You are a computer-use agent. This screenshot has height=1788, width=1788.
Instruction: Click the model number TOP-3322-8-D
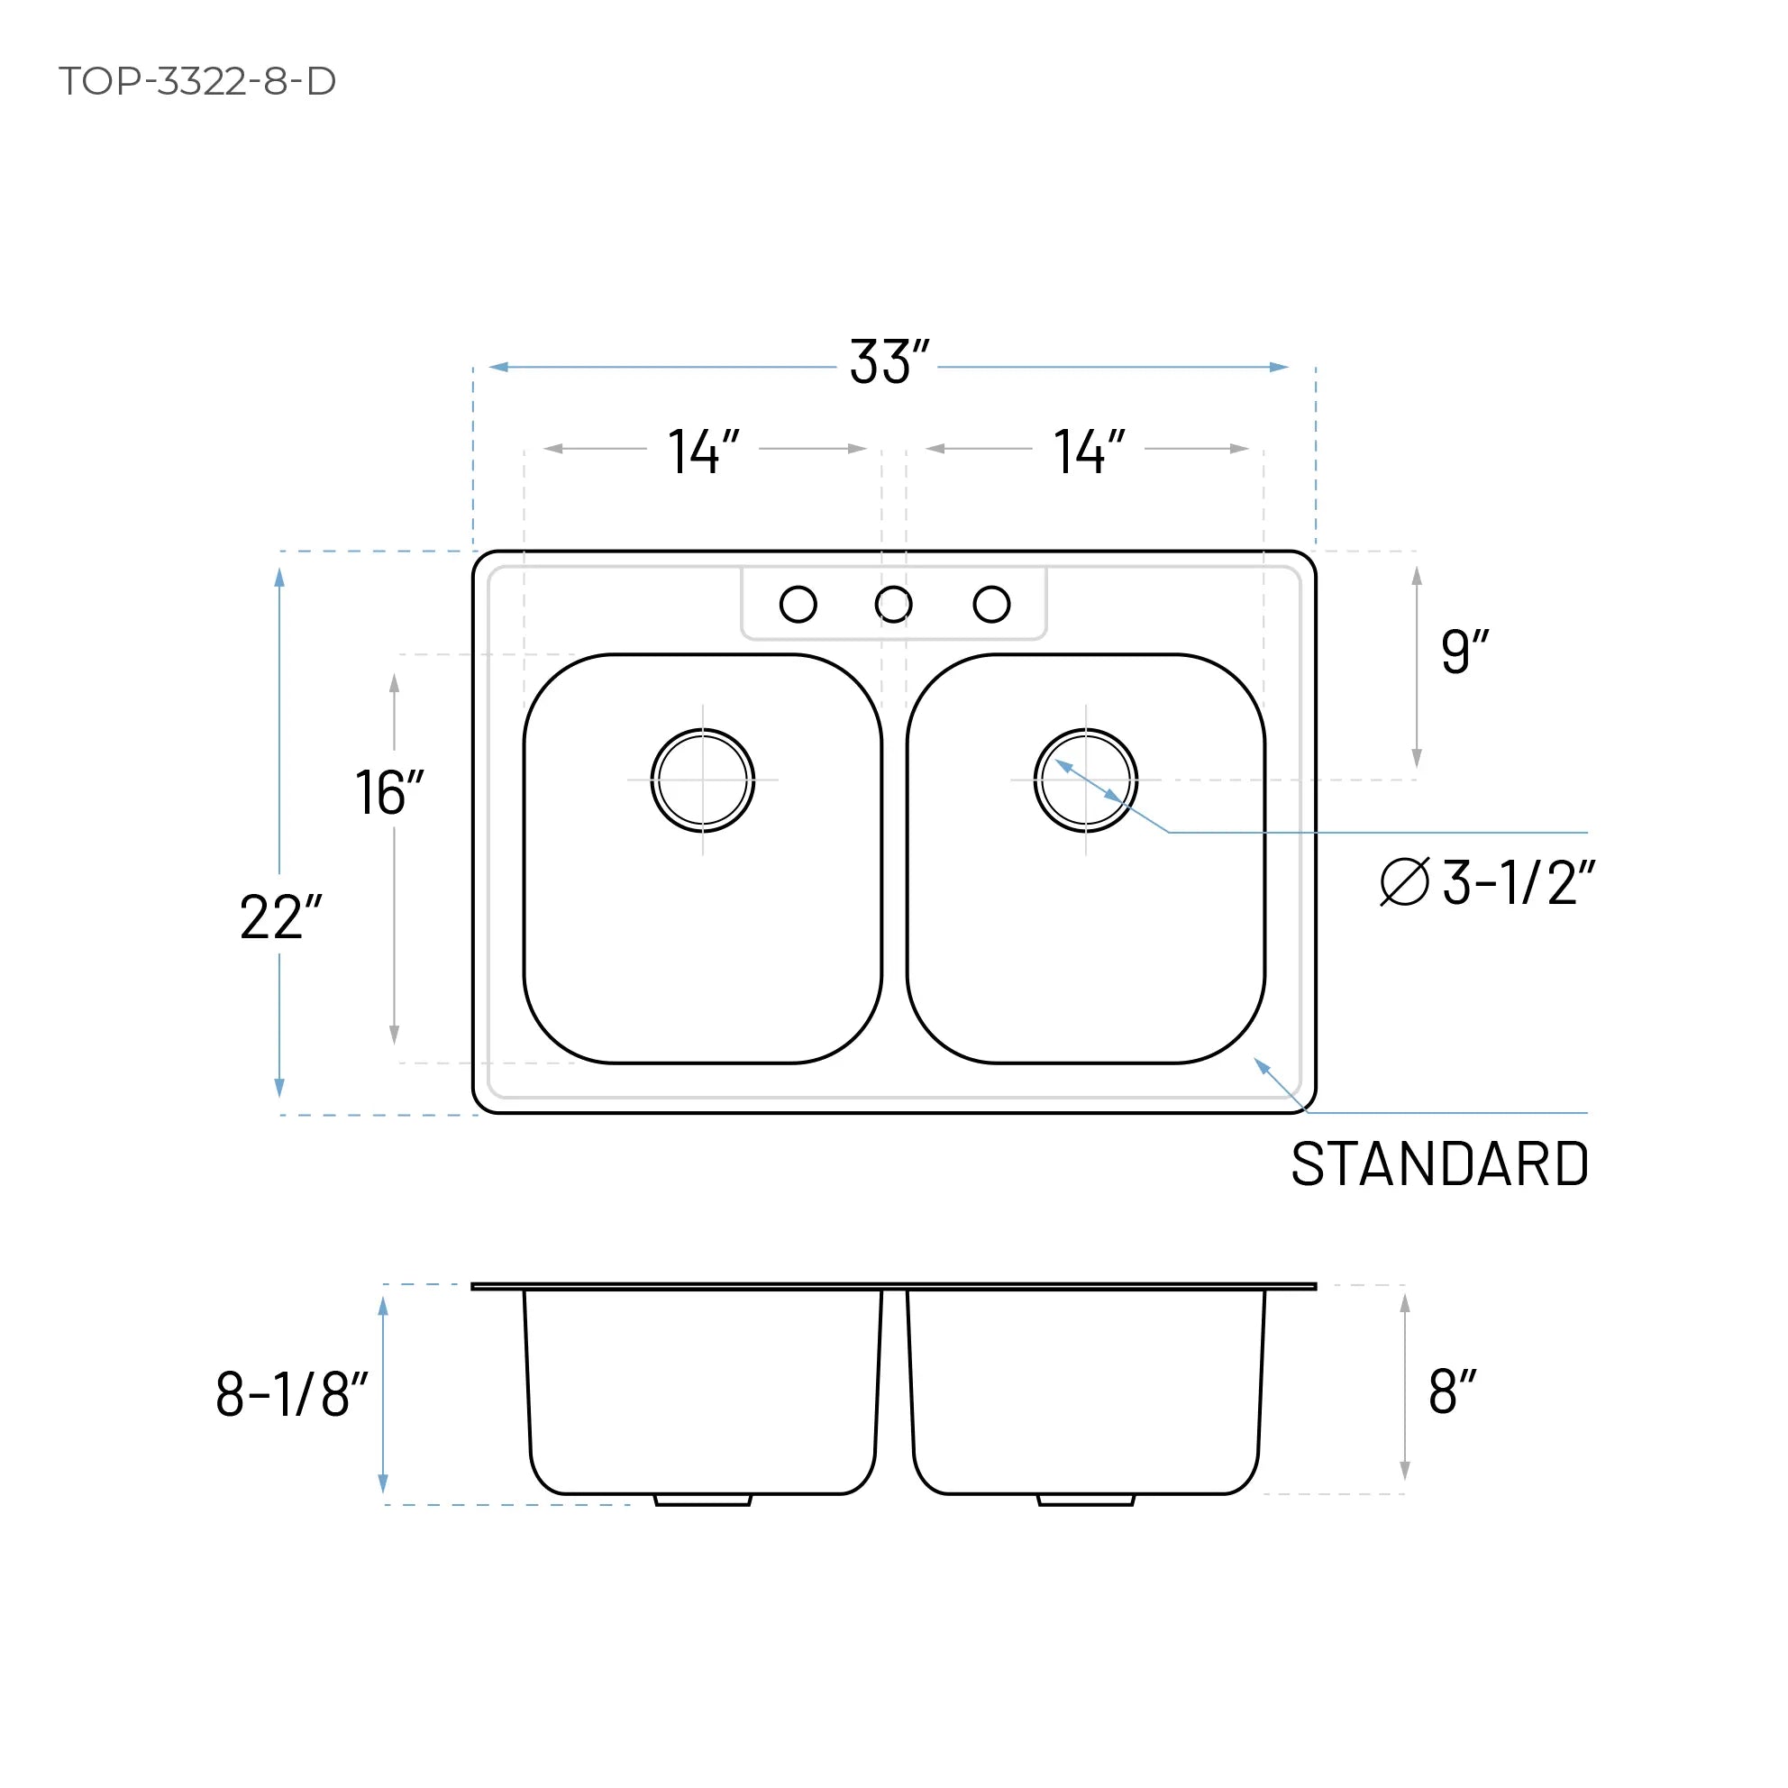click(197, 81)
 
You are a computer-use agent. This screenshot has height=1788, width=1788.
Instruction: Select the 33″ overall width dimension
click(888, 362)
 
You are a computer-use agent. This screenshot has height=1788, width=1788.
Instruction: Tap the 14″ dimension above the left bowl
click(703, 452)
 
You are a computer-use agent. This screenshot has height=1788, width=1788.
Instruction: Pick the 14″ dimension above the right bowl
click(1089, 452)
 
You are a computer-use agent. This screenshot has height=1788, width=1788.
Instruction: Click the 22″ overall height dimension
click(279, 917)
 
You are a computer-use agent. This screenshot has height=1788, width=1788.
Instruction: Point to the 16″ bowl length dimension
click(388, 793)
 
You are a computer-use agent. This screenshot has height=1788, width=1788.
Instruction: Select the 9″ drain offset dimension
click(1464, 652)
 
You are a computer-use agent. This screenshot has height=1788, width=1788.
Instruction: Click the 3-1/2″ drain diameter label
click(1518, 883)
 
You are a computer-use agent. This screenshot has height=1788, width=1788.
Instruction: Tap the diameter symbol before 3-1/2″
click(1404, 882)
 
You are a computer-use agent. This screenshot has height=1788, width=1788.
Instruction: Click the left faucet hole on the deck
click(798, 605)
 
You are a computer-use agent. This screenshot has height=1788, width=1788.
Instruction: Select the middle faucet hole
click(893, 605)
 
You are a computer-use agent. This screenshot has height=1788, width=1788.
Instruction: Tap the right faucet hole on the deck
click(991, 605)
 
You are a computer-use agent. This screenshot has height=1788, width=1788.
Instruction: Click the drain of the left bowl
click(702, 780)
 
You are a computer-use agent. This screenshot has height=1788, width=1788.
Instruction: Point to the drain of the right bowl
click(1086, 780)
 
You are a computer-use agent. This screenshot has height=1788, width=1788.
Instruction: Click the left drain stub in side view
click(702, 1501)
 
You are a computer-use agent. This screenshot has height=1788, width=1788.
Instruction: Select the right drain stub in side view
click(1086, 1501)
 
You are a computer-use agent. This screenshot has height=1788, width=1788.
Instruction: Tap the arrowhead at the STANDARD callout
click(1261, 1064)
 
